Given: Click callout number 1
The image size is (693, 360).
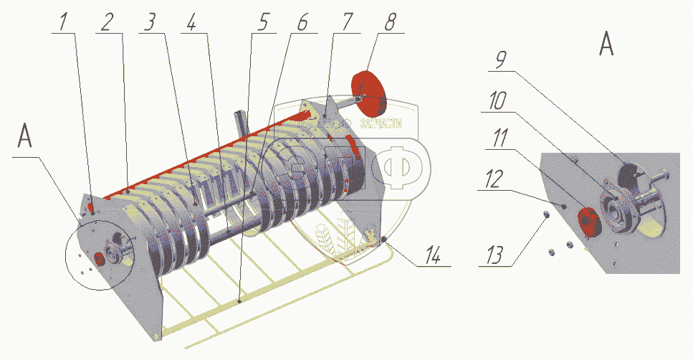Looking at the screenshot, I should [64, 22].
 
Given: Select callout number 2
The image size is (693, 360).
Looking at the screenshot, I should [106, 22].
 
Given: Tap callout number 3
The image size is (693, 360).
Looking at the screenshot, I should [149, 22].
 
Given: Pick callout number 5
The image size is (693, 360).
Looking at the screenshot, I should [263, 22].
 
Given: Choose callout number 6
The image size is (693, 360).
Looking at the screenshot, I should [302, 22].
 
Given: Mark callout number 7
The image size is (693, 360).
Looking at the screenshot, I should [347, 22].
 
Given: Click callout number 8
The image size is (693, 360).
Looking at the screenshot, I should [389, 22].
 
